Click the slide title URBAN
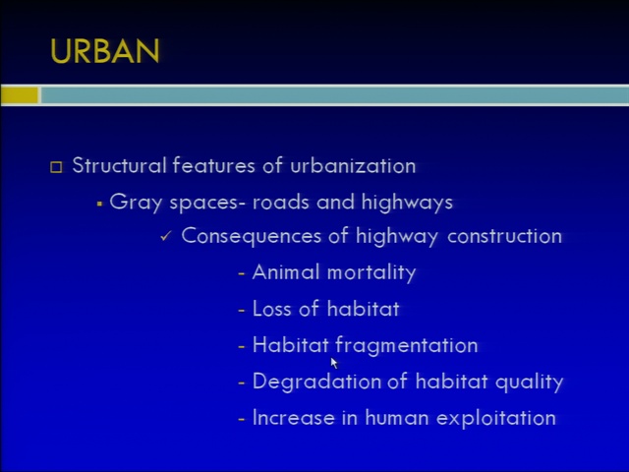tap(105, 51)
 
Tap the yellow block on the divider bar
tap(20, 95)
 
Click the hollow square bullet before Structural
tap(56, 167)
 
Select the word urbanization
tap(353, 166)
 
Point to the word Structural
tap(119, 165)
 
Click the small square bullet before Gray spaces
tap(99, 204)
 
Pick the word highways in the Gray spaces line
tap(407, 203)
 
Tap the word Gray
tap(136, 203)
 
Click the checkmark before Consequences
tap(165, 236)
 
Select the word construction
tap(504, 236)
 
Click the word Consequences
tap(252, 236)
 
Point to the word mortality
tap(372, 273)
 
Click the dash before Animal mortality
tap(242, 274)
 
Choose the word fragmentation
tap(406, 345)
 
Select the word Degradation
tap(316, 382)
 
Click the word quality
tap(530, 383)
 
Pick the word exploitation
tap(496, 418)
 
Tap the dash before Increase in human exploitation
tap(242, 420)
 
